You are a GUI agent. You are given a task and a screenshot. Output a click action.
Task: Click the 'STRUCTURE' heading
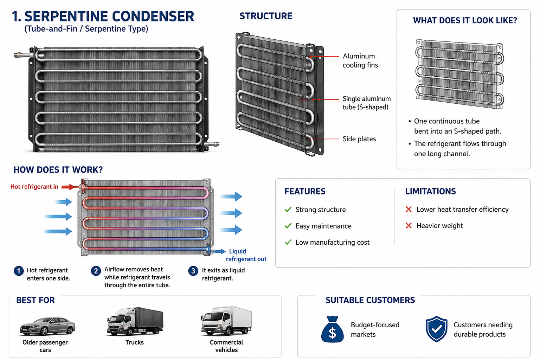tap(266, 16)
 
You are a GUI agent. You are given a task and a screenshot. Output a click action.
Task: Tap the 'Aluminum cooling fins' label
tap(360, 60)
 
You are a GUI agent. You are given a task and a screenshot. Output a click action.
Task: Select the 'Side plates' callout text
tap(359, 139)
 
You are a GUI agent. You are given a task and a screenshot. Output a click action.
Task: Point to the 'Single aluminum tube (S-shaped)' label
tap(366, 103)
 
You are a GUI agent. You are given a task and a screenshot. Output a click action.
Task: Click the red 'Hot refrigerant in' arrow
tap(70, 187)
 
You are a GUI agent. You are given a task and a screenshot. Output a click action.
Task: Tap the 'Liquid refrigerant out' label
tap(246, 255)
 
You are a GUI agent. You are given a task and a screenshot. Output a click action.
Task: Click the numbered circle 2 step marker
tap(96, 271)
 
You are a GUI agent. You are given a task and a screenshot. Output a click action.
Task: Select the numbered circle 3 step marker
tap(193, 271)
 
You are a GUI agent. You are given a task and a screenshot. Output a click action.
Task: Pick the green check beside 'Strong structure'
tap(288, 209)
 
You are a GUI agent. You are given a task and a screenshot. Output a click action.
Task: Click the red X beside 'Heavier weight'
tap(409, 226)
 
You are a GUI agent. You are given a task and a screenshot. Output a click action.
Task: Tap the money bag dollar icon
tap(332, 329)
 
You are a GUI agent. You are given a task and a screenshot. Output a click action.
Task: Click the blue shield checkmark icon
tap(437, 329)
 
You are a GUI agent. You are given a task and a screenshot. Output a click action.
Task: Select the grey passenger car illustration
tap(47, 327)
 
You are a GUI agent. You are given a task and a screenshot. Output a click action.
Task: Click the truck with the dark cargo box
tap(135, 321)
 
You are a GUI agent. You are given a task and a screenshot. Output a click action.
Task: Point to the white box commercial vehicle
tap(226, 321)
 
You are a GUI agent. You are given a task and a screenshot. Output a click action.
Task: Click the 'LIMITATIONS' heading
tap(430, 192)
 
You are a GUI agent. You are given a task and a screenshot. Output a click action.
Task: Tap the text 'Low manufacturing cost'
tap(333, 242)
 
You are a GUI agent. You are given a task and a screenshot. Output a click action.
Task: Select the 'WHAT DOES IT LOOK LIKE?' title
tap(465, 20)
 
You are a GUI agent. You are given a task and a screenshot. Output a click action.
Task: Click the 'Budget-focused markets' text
tap(375, 330)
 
